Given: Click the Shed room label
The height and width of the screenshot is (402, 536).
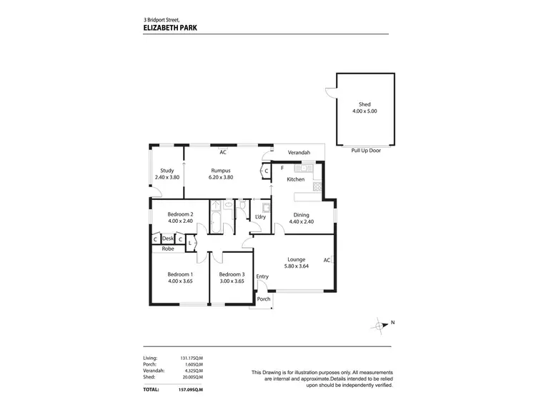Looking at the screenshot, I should point(364,104).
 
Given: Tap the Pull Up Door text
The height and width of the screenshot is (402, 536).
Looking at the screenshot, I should point(365,151).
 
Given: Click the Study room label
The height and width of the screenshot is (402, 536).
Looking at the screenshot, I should point(167,170).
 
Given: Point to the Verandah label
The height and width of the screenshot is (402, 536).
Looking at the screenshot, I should point(299,153).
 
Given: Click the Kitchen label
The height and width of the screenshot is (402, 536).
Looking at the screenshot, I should point(296,179).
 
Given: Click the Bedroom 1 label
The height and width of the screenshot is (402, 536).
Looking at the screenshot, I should point(179,274).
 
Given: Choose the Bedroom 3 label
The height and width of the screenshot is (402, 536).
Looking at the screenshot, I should point(232,274).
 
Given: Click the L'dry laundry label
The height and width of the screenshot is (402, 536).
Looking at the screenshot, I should point(261,217).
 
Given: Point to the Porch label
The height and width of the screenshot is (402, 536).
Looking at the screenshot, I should point(264,299).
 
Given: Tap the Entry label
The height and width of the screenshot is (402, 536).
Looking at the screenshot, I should point(262,276).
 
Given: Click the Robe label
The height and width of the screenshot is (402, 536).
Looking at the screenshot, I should point(168,248).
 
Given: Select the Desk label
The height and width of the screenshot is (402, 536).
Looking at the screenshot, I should point(168,238).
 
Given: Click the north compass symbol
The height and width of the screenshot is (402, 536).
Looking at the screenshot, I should point(379,326).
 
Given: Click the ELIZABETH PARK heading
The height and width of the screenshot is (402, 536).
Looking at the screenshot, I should point(170,29).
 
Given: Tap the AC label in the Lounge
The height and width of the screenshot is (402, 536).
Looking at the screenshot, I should point(327,260).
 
